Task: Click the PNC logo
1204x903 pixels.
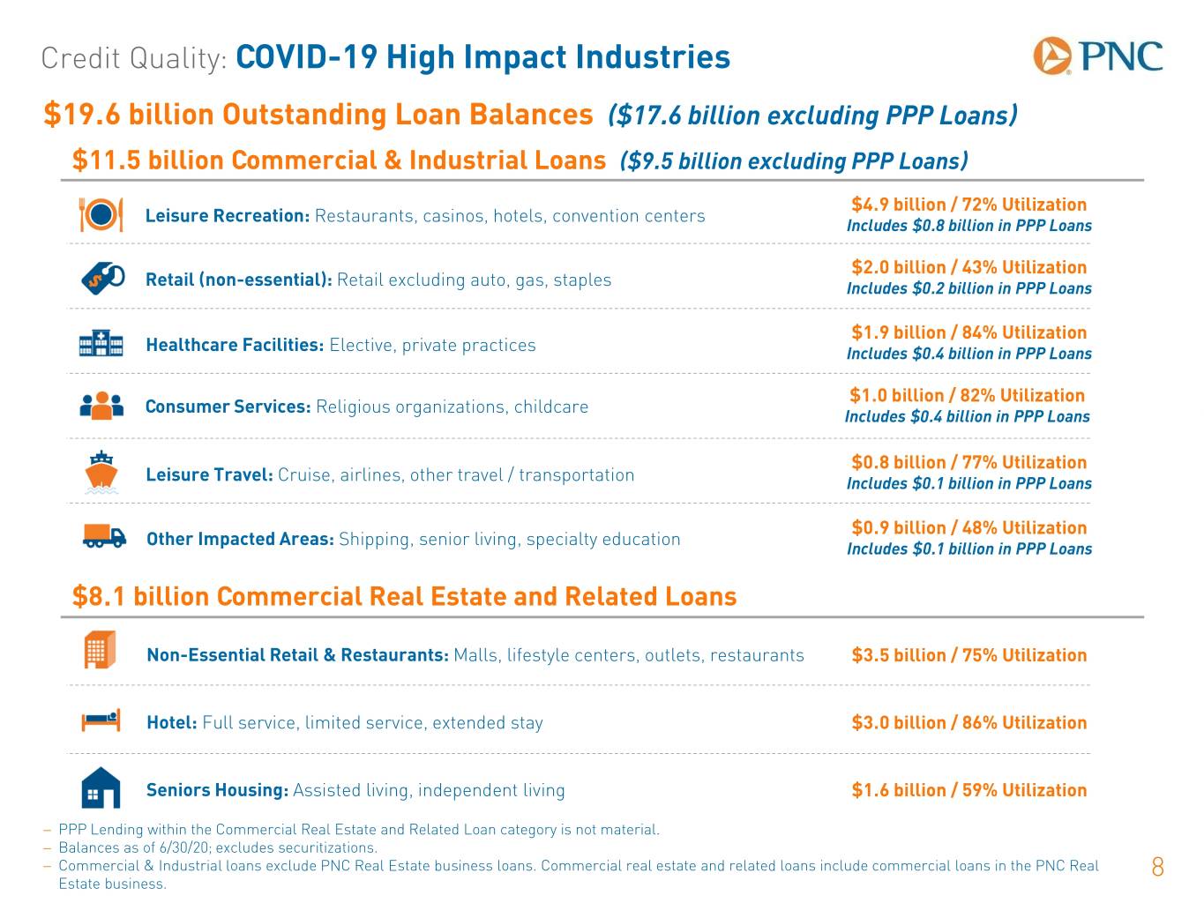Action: pyautogui.click(x=1097, y=56)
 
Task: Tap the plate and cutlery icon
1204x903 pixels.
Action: pyautogui.click(x=101, y=214)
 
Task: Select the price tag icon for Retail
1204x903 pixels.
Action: pyautogui.click(x=102, y=279)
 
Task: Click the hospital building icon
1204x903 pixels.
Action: pyautogui.click(x=101, y=343)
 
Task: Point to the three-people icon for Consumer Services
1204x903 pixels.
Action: pyautogui.click(x=101, y=406)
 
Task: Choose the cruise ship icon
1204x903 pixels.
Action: pyautogui.click(x=101, y=473)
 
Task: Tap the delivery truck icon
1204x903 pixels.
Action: pyautogui.click(x=104, y=536)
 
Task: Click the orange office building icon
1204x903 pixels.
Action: pyautogui.click(x=100, y=650)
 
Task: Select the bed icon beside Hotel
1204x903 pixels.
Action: pyautogui.click(x=101, y=720)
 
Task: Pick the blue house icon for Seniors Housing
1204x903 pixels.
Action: pyautogui.click(x=101, y=787)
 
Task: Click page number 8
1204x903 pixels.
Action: pyautogui.click(x=1157, y=867)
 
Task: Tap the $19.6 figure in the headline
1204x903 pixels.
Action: pyautogui.click(x=82, y=114)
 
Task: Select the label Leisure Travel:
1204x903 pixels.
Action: pyautogui.click(x=210, y=474)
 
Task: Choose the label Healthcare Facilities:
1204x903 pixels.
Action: pyautogui.click(x=235, y=344)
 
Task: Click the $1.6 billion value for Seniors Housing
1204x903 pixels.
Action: pyautogui.click(x=899, y=789)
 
